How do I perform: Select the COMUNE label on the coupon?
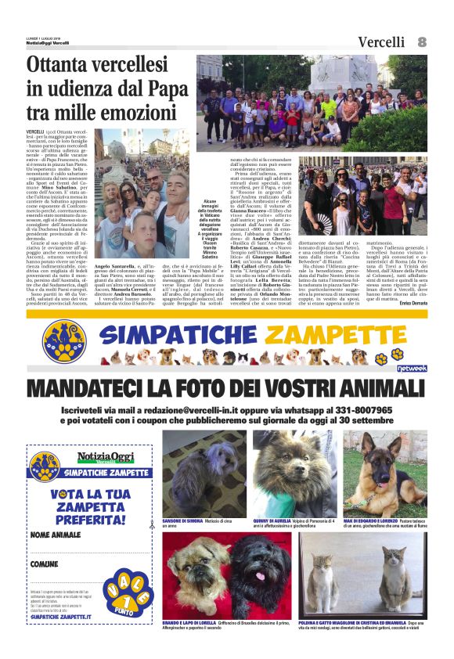pos(45,564)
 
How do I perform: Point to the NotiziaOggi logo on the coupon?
pos(101,458)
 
